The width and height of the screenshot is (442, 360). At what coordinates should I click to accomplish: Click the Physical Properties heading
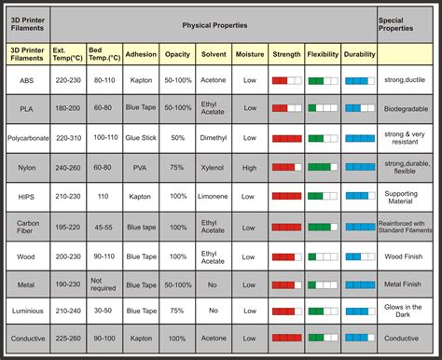[x=214, y=21]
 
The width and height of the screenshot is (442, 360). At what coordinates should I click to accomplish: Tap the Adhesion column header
[x=140, y=54]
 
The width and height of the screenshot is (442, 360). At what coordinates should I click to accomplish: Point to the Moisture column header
[x=249, y=54]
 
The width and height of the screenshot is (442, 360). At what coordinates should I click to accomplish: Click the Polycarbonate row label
[x=26, y=139]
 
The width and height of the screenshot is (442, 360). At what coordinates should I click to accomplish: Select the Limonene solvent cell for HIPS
[x=213, y=197]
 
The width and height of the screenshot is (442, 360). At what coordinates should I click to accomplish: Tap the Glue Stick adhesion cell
[x=140, y=139]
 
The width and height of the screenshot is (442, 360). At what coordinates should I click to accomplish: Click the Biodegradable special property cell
[x=407, y=108]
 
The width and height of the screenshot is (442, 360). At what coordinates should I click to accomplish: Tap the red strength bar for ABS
[x=286, y=81]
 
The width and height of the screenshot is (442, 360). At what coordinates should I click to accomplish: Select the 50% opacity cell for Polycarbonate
[x=177, y=139]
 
